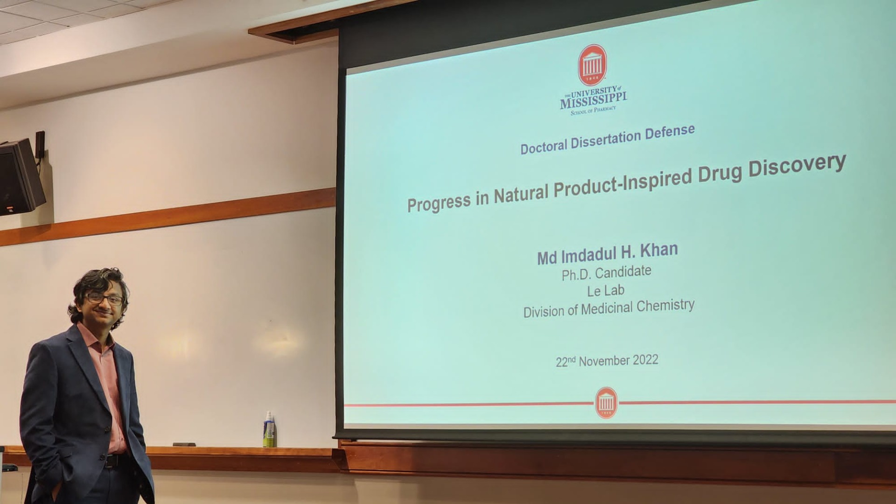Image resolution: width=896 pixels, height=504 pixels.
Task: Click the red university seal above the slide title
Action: pos(592,65)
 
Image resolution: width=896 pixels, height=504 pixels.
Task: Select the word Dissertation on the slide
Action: pos(605,140)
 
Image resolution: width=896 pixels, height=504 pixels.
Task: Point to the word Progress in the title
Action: pos(439,203)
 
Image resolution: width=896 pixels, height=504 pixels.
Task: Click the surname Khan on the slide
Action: pos(658,251)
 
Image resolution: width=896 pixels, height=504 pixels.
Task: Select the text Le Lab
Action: pos(605,291)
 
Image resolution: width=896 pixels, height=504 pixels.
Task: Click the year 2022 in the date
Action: pos(645,360)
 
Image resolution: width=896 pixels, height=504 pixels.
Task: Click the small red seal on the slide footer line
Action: pos(606,402)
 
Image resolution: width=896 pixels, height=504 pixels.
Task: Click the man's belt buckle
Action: pos(109,461)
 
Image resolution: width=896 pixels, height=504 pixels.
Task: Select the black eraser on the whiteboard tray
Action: pos(184,444)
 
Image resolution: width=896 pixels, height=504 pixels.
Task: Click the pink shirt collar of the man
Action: pos(96,338)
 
